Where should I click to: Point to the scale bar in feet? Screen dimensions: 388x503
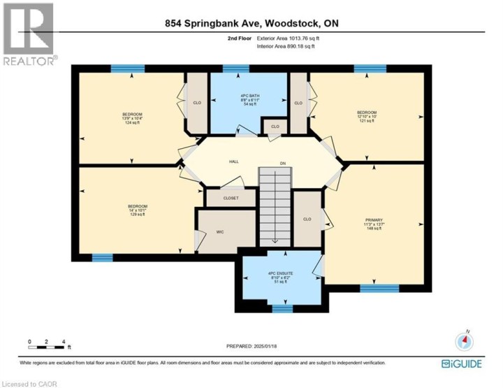tap(47, 343)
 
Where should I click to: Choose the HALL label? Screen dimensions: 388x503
tap(234, 161)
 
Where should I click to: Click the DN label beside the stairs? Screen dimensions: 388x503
tap(283, 164)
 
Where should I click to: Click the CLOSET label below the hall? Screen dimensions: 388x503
tap(231, 198)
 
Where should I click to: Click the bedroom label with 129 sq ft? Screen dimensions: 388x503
tap(137, 209)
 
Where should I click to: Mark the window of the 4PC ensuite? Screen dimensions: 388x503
tap(282, 308)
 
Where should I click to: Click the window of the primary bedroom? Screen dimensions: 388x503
tap(379, 287)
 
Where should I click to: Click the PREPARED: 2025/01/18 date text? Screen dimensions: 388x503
tap(252, 346)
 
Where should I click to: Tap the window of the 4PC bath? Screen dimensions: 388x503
tap(236, 69)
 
